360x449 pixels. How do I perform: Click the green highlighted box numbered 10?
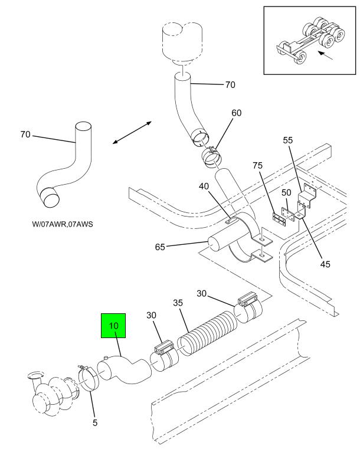click(x=113, y=326)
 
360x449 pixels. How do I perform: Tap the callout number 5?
click(x=95, y=422)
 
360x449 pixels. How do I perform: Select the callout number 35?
click(x=178, y=303)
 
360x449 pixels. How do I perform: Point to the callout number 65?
click(x=160, y=247)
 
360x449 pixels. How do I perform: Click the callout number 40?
click(x=204, y=186)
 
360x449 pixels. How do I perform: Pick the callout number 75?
click(x=258, y=166)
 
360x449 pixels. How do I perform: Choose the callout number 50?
click(x=286, y=192)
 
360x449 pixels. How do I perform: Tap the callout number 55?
click(x=288, y=140)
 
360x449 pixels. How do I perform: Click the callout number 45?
click(x=325, y=264)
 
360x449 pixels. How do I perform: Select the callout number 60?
click(x=237, y=113)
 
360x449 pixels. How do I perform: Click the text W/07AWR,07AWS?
click(x=63, y=224)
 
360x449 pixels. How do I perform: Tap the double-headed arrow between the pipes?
click(x=132, y=133)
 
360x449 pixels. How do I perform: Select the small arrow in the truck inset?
click(x=325, y=56)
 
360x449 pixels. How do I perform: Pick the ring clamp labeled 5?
click(x=89, y=379)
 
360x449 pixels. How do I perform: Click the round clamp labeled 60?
click(x=212, y=157)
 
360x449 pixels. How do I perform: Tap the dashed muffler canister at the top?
click(x=182, y=43)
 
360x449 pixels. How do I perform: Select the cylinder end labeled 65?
click(x=214, y=245)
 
